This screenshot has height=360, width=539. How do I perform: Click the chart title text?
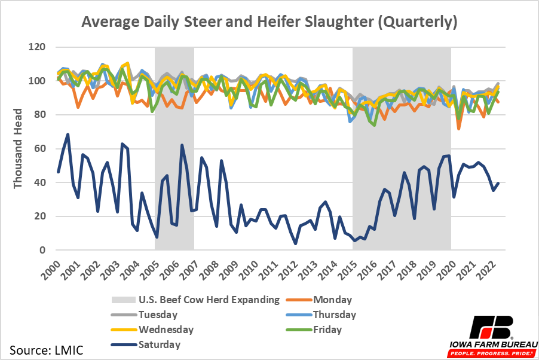click(269, 23)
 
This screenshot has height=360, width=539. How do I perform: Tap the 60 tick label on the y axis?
click(41, 149)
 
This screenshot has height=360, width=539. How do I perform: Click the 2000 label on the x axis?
click(53, 267)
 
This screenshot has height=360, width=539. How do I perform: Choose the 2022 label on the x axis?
click(492, 267)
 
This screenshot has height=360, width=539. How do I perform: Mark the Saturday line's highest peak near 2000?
click(68, 135)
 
